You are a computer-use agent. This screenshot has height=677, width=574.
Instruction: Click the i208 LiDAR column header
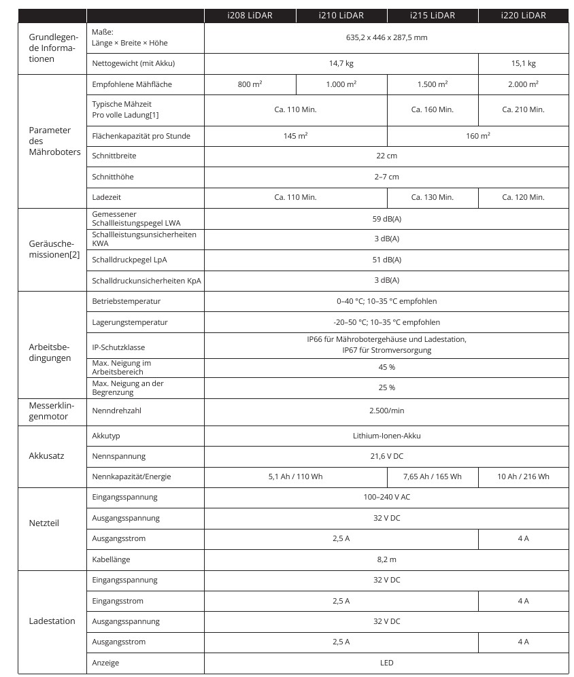(x=250, y=15)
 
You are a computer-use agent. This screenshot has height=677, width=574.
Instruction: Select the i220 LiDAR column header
(x=523, y=15)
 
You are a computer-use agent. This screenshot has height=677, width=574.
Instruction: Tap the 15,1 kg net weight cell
(x=523, y=64)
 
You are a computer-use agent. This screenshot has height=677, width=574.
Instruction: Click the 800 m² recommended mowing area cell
(x=250, y=84)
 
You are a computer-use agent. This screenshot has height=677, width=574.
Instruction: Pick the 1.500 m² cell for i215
(x=432, y=84)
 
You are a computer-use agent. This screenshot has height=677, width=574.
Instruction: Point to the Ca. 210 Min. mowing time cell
(x=523, y=109)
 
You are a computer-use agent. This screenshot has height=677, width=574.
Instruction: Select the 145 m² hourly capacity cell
(x=295, y=136)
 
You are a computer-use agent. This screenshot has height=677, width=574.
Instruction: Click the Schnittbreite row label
(x=114, y=156)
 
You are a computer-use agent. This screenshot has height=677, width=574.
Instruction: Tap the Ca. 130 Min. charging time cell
(x=432, y=197)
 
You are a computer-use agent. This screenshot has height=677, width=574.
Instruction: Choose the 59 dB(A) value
(x=386, y=218)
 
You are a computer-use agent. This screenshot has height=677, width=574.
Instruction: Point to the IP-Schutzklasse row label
(x=118, y=347)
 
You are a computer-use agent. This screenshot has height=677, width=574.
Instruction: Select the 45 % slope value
(x=386, y=367)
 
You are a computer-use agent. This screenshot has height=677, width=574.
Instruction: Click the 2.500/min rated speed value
(x=386, y=411)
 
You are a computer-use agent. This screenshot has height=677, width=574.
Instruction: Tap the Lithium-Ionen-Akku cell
(x=386, y=436)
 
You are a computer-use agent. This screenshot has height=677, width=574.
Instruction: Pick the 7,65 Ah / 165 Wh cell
(x=432, y=476)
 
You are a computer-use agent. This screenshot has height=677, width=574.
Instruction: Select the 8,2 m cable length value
(x=386, y=559)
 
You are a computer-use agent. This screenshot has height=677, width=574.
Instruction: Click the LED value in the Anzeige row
(x=386, y=663)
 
